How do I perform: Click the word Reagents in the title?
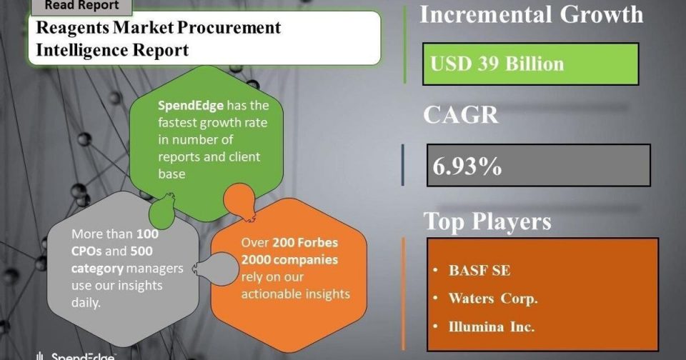[72, 28]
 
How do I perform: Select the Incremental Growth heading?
[532, 14]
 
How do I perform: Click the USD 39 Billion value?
[497, 64]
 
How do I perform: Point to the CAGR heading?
[461, 114]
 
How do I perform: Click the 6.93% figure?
[467, 166]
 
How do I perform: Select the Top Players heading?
[487, 221]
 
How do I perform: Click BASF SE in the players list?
[479, 270]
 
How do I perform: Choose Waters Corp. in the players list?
[493, 299]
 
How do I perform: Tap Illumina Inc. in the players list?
[492, 326]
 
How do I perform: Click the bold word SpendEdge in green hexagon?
[191, 106]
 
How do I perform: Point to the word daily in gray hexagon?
[86, 303]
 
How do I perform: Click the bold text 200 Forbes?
[305, 242]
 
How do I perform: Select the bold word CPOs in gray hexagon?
[86, 251]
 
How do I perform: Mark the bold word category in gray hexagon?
[98, 269]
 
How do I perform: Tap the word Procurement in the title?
[229, 28]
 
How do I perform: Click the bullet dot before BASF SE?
[435, 270]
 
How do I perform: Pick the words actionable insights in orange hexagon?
[295, 294]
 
